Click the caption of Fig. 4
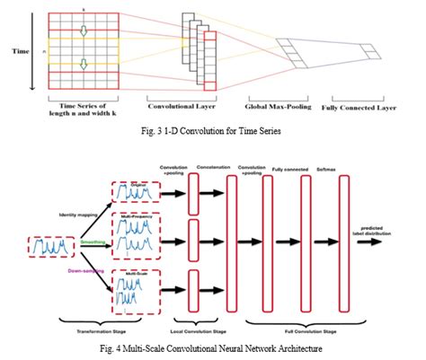point(212,347)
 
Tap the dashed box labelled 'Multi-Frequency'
point(133,240)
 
